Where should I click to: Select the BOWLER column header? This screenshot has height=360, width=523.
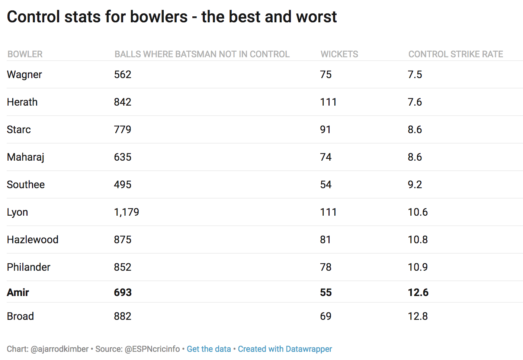tap(25, 54)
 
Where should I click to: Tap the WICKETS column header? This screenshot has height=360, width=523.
tap(339, 54)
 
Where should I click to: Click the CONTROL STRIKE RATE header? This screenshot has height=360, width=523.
tap(455, 54)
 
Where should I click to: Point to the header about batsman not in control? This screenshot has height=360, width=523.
tap(202, 54)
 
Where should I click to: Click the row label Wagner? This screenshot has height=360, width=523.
tap(24, 74)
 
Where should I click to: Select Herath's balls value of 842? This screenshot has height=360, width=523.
tap(122, 102)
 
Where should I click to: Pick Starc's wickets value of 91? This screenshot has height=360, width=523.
tap(325, 129)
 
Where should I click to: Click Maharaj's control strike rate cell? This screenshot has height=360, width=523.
tap(415, 157)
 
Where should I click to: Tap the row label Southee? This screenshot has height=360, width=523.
tap(26, 184)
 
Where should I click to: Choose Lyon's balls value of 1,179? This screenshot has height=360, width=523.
tap(126, 212)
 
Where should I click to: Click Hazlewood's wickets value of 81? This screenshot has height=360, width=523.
tap(325, 240)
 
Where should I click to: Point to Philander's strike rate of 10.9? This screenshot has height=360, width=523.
tap(418, 267)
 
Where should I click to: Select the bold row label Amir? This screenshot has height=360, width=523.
tap(18, 292)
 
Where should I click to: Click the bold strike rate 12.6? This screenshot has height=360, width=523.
tap(418, 292)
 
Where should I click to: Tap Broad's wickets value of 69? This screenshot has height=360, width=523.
tap(325, 316)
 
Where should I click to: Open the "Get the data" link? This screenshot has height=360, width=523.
tap(209, 349)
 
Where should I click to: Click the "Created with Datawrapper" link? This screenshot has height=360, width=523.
tap(285, 349)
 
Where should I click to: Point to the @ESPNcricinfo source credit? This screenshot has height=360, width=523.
tap(152, 349)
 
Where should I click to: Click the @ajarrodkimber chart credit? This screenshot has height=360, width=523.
tap(60, 349)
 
